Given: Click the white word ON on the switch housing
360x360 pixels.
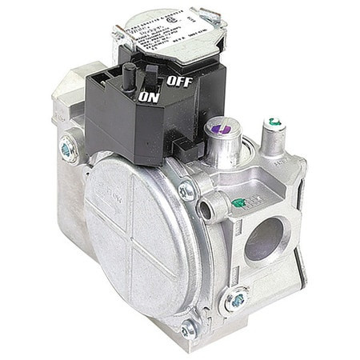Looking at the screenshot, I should click(x=149, y=97).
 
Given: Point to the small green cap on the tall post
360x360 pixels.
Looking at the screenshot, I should click(x=274, y=122).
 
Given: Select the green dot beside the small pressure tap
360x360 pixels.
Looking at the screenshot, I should click(x=238, y=204).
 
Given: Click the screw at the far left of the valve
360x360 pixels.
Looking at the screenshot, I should click(x=66, y=149).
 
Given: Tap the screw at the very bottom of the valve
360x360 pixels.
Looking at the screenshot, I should click(x=189, y=326).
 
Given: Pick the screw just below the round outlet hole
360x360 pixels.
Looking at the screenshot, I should click(x=237, y=301).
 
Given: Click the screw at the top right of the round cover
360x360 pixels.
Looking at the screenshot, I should click(x=186, y=190).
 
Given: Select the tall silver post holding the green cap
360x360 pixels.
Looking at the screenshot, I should click(x=273, y=140).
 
